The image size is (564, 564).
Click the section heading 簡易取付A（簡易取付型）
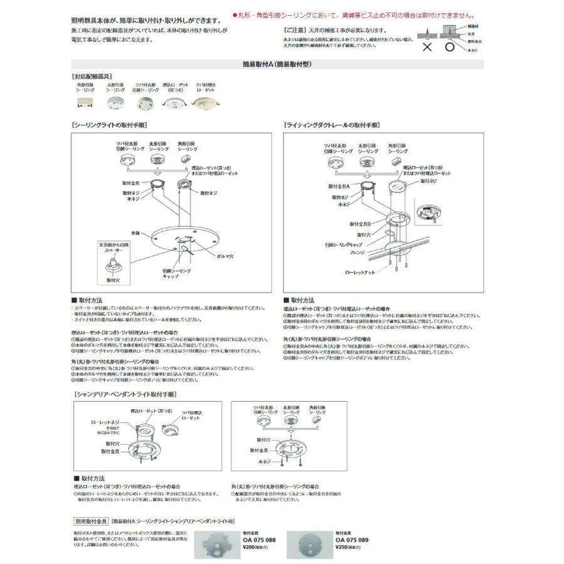277,64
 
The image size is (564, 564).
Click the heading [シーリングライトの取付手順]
110,125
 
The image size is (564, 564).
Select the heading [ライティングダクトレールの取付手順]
332,125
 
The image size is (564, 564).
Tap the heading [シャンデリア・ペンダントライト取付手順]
125,395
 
